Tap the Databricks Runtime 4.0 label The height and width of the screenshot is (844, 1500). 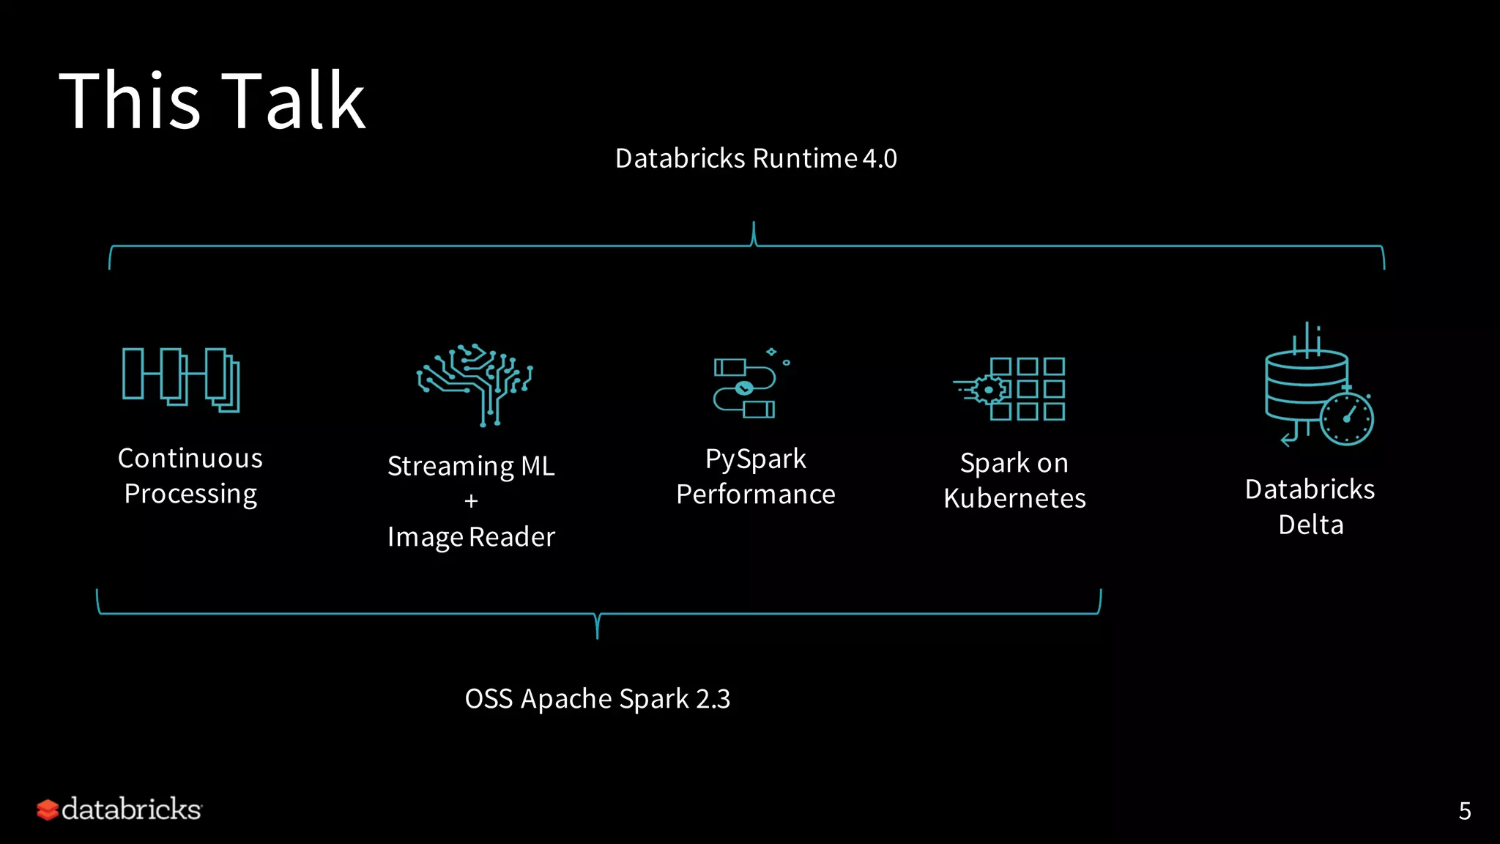tap(756, 158)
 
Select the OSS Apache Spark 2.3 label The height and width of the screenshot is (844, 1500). tap(598, 699)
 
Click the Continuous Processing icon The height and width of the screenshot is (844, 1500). tap(181, 380)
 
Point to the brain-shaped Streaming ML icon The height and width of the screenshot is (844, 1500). tap(475, 384)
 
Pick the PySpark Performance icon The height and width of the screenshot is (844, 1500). tap(750, 386)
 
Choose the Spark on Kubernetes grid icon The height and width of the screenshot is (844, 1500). tap(1011, 389)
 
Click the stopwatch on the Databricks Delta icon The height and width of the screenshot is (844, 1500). tap(1346, 418)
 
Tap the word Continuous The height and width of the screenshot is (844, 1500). tap(190, 459)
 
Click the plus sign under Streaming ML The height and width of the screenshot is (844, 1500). tap(471, 501)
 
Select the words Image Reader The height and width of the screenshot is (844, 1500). tap(471, 537)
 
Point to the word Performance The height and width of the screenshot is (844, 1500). tap(755, 495)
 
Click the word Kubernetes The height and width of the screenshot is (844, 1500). tap(1014, 498)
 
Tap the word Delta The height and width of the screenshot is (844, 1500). tap(1310, 525)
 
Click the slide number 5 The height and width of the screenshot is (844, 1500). tap(1465, 811)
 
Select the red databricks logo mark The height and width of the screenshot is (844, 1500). tap(48, 810)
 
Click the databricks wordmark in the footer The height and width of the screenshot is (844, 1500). tap(131, 810)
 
